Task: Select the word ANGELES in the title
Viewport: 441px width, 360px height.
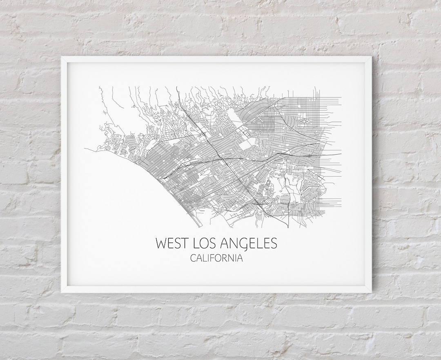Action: pyautogui.click(x=249, y=243)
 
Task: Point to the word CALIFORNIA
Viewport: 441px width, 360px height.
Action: pyautogui.click(x=216, y=258)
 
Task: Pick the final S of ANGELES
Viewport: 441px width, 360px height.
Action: pyautogui.click(x=273, y=243)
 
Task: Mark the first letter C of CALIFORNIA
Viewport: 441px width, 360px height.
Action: pyautogui.click(x=193, y=258)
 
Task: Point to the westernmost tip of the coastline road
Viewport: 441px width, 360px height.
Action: pyautogui.click(x=85, y=149)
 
